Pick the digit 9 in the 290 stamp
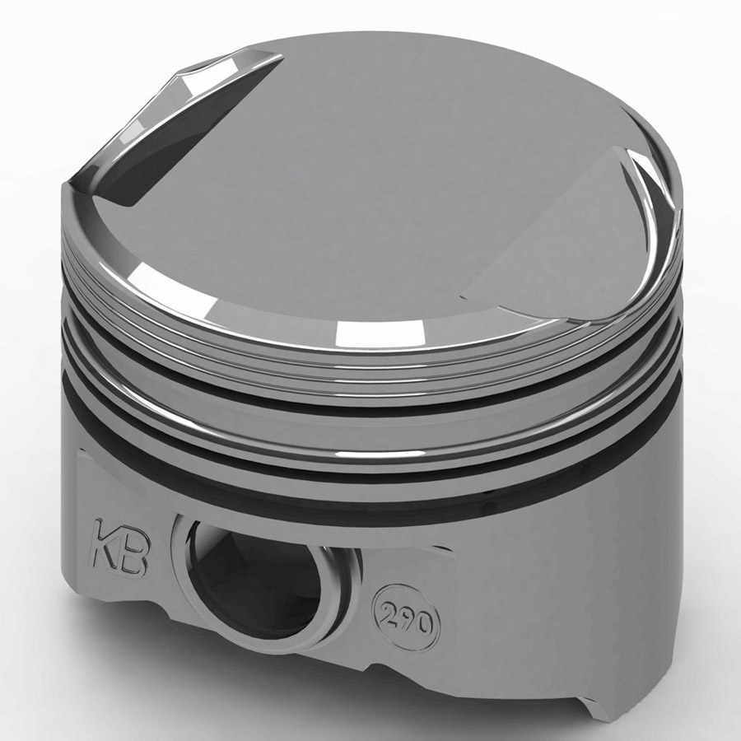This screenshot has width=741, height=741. click(x=407, y=615)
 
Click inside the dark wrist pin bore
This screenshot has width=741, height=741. click(x=247, y=576)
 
